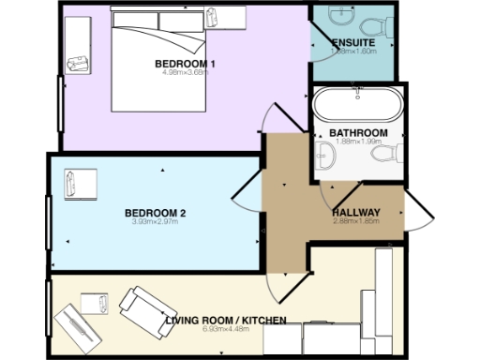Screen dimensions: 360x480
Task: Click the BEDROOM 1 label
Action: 186,64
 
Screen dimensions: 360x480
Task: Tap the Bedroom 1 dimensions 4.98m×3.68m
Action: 186,73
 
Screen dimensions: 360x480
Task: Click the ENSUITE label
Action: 353,41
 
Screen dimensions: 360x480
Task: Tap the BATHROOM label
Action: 358,133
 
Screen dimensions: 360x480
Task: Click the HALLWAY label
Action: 355,212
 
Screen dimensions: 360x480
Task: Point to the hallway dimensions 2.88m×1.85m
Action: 355,221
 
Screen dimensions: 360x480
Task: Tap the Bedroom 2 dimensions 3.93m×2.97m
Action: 156,223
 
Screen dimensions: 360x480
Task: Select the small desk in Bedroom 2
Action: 81,184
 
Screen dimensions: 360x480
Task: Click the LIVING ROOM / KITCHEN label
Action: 225,322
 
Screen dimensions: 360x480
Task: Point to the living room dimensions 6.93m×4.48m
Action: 225,331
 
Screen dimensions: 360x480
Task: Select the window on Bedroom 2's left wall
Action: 49,222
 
